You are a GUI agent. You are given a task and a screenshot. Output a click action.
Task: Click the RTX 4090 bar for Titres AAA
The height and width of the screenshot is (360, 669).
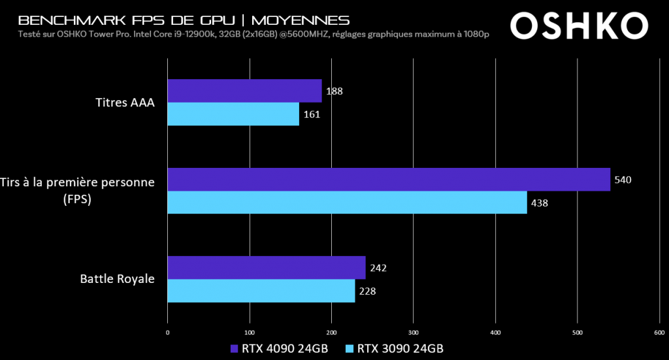coord(244,91)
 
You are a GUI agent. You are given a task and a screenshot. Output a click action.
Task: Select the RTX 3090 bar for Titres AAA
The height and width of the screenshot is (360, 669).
coord(233,114)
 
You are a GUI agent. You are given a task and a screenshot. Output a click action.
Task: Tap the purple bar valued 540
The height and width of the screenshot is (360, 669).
coord(389,179)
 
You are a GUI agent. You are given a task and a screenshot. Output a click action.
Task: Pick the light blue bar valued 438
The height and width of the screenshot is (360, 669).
coord(347,202)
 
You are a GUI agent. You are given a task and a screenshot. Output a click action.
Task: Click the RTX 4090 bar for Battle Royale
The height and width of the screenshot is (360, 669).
coord(267,268)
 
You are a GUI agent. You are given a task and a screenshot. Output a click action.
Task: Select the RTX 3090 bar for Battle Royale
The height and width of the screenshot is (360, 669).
coord(261,291)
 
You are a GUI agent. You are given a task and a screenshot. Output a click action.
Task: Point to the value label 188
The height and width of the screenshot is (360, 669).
coord(334,91)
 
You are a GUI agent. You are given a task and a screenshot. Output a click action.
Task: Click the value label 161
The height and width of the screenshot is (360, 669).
coord(311,114)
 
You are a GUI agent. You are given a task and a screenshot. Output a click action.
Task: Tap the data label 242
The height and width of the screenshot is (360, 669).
coord(378,268)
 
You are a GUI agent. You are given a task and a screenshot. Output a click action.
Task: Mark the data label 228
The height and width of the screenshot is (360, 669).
coord(367,291)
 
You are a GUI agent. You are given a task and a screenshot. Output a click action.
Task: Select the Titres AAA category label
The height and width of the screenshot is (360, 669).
coord(125,102)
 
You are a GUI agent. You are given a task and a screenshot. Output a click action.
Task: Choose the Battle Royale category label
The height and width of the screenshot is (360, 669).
coord(118,279)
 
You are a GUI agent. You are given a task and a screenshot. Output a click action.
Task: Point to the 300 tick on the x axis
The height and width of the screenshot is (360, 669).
coord(413,333)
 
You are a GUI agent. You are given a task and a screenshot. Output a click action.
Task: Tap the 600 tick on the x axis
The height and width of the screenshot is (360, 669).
coord(659,333)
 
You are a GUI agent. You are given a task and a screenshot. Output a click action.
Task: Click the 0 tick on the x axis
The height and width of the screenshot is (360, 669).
coord(168,333)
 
